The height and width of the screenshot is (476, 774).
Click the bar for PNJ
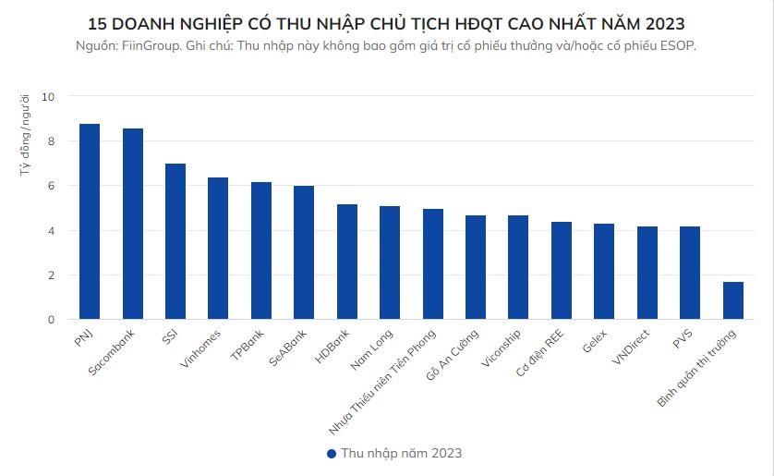point(90,222)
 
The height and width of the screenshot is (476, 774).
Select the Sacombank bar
point(133,224)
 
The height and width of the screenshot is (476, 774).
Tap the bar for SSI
point(175,241)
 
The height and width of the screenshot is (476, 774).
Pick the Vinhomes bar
point(218,249)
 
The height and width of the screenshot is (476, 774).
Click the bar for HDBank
point(346,262)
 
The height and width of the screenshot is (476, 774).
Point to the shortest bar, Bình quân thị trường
point(732,300)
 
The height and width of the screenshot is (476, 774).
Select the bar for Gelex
point(604,272)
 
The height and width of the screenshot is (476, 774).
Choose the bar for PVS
point(690,273)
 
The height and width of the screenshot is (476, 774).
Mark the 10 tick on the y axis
point(49,97)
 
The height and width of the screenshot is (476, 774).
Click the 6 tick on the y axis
point(52,186)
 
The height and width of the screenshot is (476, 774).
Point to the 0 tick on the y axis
point(52,320)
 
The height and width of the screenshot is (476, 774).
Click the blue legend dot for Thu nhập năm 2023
point(332,454)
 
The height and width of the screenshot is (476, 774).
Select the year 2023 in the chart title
point(665,22)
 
